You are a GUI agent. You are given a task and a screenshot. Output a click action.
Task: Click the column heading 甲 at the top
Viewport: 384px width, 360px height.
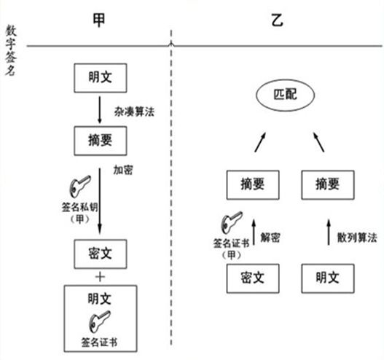[x=99, y=20]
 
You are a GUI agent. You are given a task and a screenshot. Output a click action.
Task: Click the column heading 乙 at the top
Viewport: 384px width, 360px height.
[x=278, y=20]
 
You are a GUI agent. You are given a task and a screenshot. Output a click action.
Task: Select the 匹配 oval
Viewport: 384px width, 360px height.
[x=286, y=95]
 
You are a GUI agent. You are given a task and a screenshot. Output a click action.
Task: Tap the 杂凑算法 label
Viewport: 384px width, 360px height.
[x=134, y=112]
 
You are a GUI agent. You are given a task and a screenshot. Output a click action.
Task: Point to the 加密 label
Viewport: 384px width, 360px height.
[x=123, y=170]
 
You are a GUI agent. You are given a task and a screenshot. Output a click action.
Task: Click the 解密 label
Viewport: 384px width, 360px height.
[x=270, y=238]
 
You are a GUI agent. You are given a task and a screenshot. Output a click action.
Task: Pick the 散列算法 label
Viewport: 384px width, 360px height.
[x=357, y=238]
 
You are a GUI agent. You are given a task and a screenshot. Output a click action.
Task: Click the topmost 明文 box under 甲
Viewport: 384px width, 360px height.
[x=101, y=78]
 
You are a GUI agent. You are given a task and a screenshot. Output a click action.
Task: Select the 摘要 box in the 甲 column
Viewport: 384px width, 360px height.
[x=101, y=141]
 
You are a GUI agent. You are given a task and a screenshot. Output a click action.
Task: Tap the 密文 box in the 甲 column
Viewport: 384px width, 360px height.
[x=101, y=254]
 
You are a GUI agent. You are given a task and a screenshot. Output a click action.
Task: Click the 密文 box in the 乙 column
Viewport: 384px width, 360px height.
[x=253, y=278]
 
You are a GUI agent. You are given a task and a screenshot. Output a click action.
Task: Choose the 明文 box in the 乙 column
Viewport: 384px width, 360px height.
[x=328, y=278]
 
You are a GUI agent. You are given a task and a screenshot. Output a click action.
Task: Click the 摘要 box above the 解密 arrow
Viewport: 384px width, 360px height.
[x=253, y=185]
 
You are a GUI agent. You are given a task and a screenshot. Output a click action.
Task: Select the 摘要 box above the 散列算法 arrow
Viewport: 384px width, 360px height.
[x=328, y=185]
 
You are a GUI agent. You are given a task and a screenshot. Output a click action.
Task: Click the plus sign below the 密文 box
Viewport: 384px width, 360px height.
[x=100, y=277]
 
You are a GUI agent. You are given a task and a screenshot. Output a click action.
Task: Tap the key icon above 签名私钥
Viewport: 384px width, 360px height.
[x=80, y=186]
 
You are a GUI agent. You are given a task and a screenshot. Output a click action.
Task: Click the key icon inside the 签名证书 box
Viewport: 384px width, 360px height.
[x=99, y=322]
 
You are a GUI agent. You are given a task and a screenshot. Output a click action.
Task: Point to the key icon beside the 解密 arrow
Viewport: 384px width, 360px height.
[x=232, y=222]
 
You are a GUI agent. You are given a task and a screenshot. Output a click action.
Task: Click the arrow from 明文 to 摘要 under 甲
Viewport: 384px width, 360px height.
[x=99, y=110]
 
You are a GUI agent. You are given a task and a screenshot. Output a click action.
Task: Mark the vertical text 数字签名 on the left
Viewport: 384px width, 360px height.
[x=11, y=50]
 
